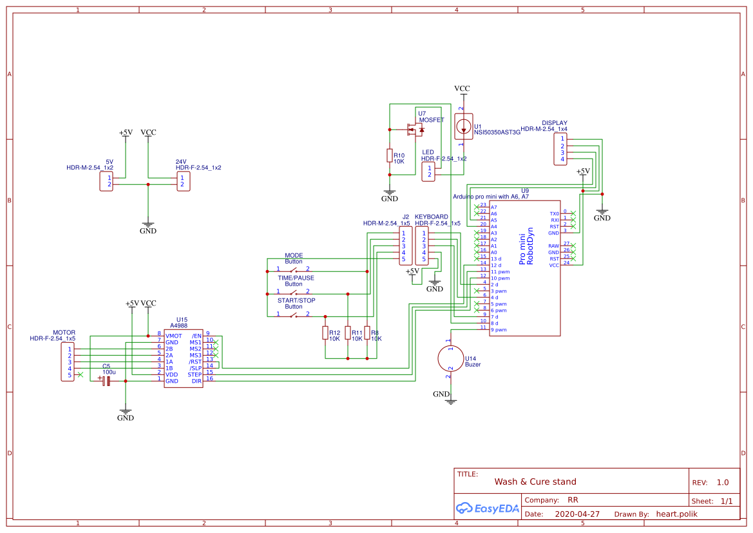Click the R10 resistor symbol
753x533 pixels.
click(x=389, y=155)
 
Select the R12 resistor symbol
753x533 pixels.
click(x=325, y=333)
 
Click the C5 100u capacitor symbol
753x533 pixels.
click(x=106, y=381)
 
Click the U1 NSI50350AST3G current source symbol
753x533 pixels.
click(x=463, y=126)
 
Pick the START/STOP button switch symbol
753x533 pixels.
click(x=293, y=314)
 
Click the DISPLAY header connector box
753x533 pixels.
click(x=562, y=149)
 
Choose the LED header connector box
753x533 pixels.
click(x=428, y=171)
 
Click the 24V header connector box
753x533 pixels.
click(x=184, y=181)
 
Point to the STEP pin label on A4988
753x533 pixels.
click(x=195, y=374)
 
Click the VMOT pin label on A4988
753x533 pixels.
click(x=173, y=336)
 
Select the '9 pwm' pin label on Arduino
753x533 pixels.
click(x=499, y=329)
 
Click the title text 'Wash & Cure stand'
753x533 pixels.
click(x=535, y=481)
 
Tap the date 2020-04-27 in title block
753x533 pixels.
click(x=577, y=514)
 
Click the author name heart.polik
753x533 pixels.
click(x=676, y=514)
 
